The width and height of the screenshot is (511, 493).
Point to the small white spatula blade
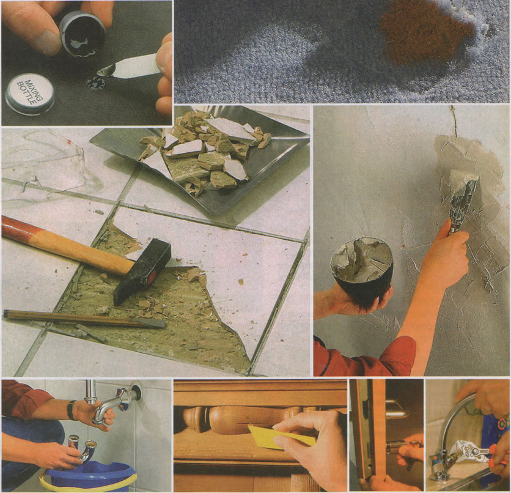click(130, 67)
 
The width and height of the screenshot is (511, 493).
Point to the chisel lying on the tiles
click(85, 319)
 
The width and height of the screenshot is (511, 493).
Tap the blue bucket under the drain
click(89, 476)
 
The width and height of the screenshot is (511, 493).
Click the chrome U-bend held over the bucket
click(83, 449)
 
